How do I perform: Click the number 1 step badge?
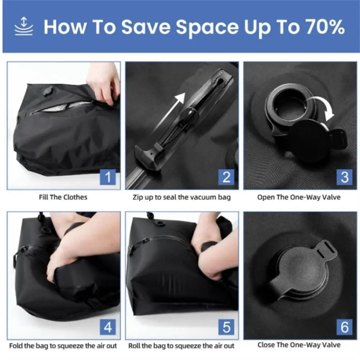108,177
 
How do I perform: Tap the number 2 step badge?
226,177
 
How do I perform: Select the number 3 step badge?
345,177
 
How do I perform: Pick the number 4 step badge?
108,328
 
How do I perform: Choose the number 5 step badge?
226,328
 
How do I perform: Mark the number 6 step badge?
345,328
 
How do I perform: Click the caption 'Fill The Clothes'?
63,197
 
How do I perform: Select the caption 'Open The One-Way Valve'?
298,197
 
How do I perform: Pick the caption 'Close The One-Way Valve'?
299,345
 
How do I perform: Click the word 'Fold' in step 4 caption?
16,346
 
